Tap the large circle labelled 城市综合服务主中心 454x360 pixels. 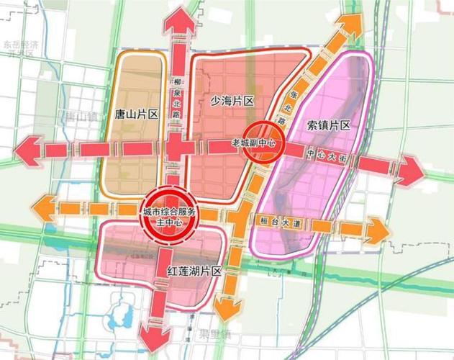(170, 214)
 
